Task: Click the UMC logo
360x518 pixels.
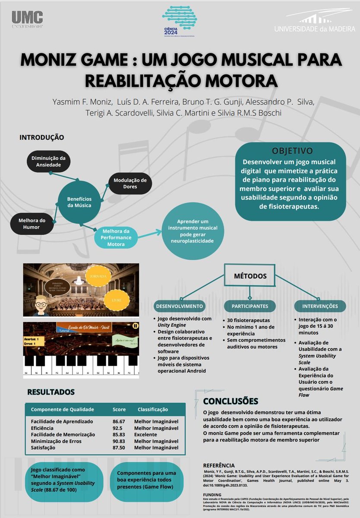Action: (x=27, y=20)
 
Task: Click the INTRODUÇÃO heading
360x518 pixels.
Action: (x=42, y=137)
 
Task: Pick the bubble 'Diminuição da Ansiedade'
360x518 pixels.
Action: (x=49, y=161)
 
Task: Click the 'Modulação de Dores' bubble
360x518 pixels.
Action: (x=130, y=183)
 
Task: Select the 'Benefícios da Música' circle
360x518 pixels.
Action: (x=79, y=202)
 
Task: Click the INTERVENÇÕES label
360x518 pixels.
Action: (x=320, y=306)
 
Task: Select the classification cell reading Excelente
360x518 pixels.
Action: (x=146, y=434)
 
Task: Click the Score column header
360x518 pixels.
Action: (x=119, y=409)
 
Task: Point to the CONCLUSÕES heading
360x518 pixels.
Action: (x=231, y=401)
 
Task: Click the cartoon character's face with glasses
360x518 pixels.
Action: (x=41, y=304)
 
